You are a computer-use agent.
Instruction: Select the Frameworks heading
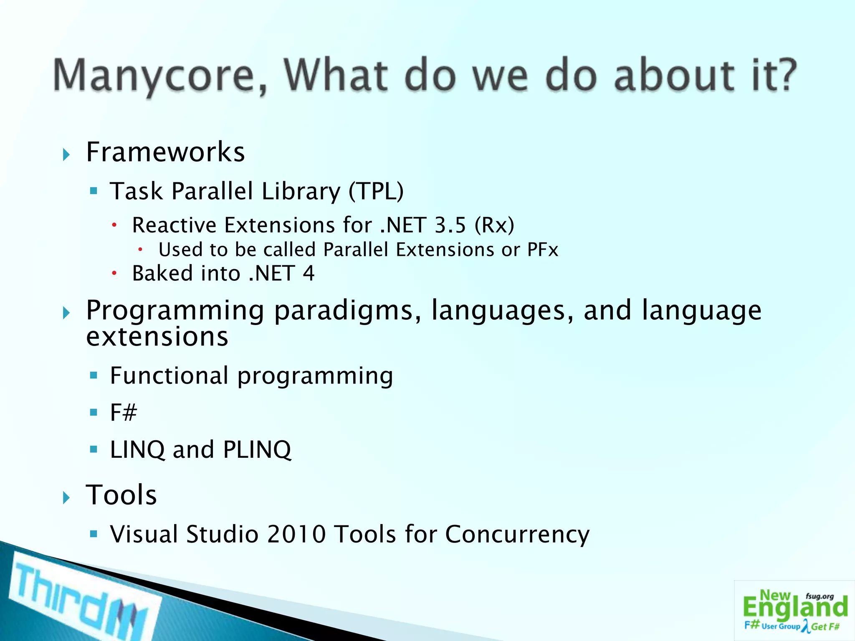[x=165, y=152]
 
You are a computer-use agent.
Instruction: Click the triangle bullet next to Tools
[x=66, y=497]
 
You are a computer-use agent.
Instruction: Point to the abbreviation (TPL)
[x=376, y=192]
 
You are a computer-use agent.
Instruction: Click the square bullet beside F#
[x=94, y=413]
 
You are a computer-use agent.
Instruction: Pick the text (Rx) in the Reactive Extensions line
[x=494, y=225]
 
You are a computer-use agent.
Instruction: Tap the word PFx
[x=542, y=250]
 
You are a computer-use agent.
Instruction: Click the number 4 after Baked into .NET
[x=309, y=273]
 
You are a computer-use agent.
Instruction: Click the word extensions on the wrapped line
[x=157, y=336]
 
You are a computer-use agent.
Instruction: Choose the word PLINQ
[x=257, y=449]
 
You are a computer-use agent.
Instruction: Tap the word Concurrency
[x=517, y=535]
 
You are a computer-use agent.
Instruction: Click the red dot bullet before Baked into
[x=114, y=274]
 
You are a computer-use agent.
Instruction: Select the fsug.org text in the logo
[x=820, y=596]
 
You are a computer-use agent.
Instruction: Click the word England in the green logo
[x=795, y=608]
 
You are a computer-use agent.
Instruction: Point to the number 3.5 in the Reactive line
[x=450, y=225]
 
